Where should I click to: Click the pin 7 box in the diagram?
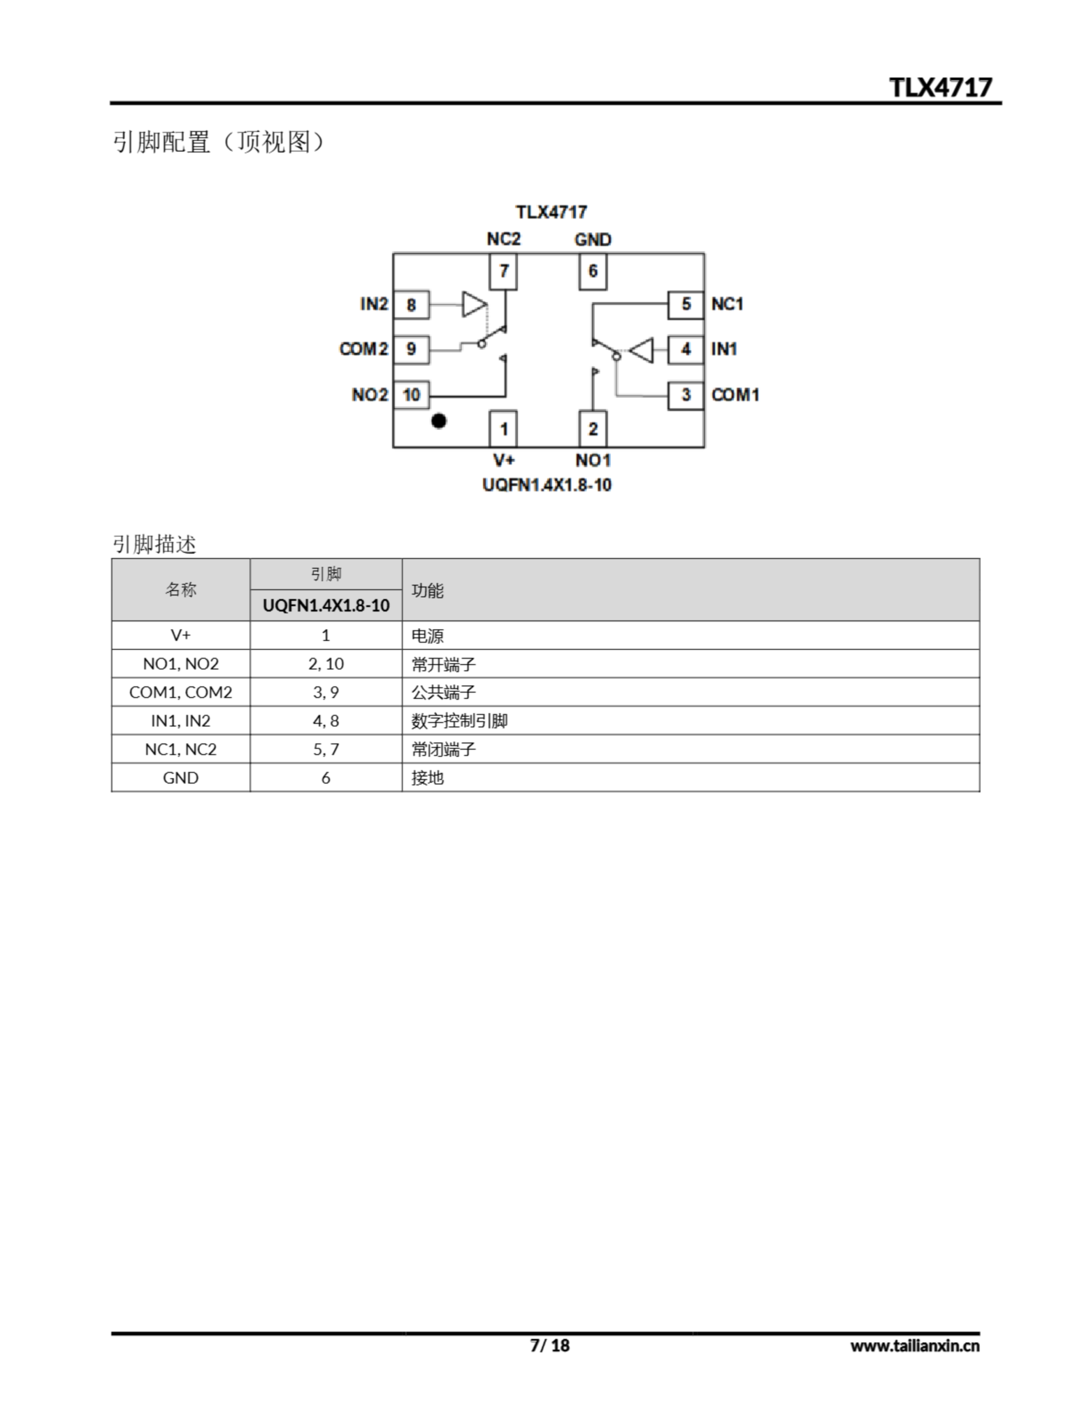pos(503,271)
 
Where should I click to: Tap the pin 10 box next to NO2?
pos(411,394)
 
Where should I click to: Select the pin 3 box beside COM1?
pos(686,394)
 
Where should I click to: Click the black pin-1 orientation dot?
pos(438,421)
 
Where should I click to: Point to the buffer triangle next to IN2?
pos(473,304)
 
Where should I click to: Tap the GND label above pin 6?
pos(592,240)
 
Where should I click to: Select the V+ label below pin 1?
pos(504,461)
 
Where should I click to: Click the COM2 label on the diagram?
pos(363,349)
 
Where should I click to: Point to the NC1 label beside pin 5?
pos(727,304)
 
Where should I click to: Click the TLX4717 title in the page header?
pos(940,88)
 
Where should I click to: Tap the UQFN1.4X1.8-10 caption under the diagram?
pos(547,485)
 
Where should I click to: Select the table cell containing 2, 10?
pos(326,664)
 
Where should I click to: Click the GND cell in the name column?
pos(180,778)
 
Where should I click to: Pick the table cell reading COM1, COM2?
pos(180,692)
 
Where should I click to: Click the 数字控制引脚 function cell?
pos(459,721)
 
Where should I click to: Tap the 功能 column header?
pos(427,590)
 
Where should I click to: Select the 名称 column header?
pos(180,590)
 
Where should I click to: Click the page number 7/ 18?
pos(550,1345)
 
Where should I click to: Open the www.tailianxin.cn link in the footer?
pos(914,1346)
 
